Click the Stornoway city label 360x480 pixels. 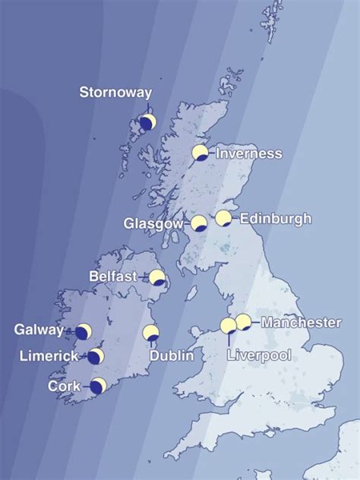115,93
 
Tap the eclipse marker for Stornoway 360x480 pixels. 148,122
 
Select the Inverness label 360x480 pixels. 249,153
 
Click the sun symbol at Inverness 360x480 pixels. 200,153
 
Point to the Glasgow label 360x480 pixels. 153,224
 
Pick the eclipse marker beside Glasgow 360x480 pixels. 199,223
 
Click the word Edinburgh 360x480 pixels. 276,219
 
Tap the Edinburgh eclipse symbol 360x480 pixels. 223,219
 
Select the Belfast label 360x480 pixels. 113,276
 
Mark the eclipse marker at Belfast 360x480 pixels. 157,277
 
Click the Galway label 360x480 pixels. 39,330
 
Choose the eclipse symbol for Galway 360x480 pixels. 84,332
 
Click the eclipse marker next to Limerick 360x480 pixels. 96,356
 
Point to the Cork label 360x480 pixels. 65,386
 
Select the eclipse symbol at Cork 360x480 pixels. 98,385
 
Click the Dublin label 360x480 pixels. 171,355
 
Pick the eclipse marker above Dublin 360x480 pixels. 151,333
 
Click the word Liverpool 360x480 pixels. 260,355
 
